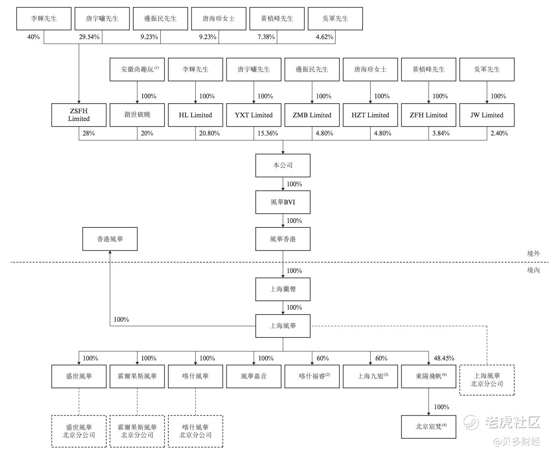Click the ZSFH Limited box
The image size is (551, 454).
coord(79,115)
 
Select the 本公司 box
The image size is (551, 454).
coord(283,165)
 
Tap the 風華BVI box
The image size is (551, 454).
coord(283,202)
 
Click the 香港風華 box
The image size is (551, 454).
coord(110,239)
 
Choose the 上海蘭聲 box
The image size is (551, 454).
coord(283,289)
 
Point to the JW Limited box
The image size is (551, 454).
coord(487,115)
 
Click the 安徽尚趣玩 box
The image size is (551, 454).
coord(137,69)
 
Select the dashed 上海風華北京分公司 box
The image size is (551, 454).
coord(487,380)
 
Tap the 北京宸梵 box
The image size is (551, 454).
coord(429,427)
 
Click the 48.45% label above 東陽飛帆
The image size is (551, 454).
coord(444,358)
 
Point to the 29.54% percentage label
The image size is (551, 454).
coord(89,37)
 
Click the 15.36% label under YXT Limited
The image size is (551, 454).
coord(267,133)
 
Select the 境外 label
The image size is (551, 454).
coord(533,254)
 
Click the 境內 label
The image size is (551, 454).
coord(533,270)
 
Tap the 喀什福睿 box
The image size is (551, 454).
coord(312,376)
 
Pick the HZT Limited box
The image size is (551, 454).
coord(370,115)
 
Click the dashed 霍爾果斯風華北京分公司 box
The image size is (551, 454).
coord(137,431)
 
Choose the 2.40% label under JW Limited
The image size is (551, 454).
coord(499,133)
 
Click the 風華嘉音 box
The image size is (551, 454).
coord(253,376)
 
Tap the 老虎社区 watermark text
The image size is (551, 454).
coord(512,423)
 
